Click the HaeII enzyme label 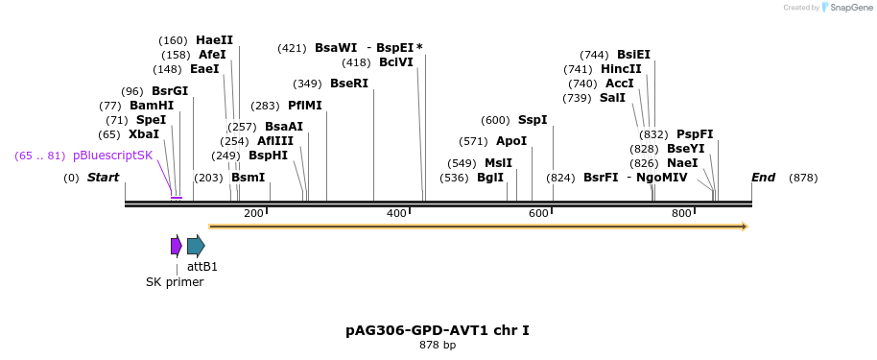point(214,40)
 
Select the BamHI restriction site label point(152,106)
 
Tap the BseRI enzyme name point(349,84)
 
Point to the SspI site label point(533,120)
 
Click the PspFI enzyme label point(695,134)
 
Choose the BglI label point(490,178)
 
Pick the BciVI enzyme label point(396,62)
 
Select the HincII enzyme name point(621,69)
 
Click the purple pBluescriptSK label point(112,156)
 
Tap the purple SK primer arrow point(177,246)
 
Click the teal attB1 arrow point(196,246)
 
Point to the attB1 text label point(202,267)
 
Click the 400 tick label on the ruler point(396,213)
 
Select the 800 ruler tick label point(681,213)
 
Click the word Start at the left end point(103,178)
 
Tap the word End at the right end point(763,178)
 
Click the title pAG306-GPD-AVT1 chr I point(438,330)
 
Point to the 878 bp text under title point(438,345)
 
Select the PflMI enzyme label point(305,106)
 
